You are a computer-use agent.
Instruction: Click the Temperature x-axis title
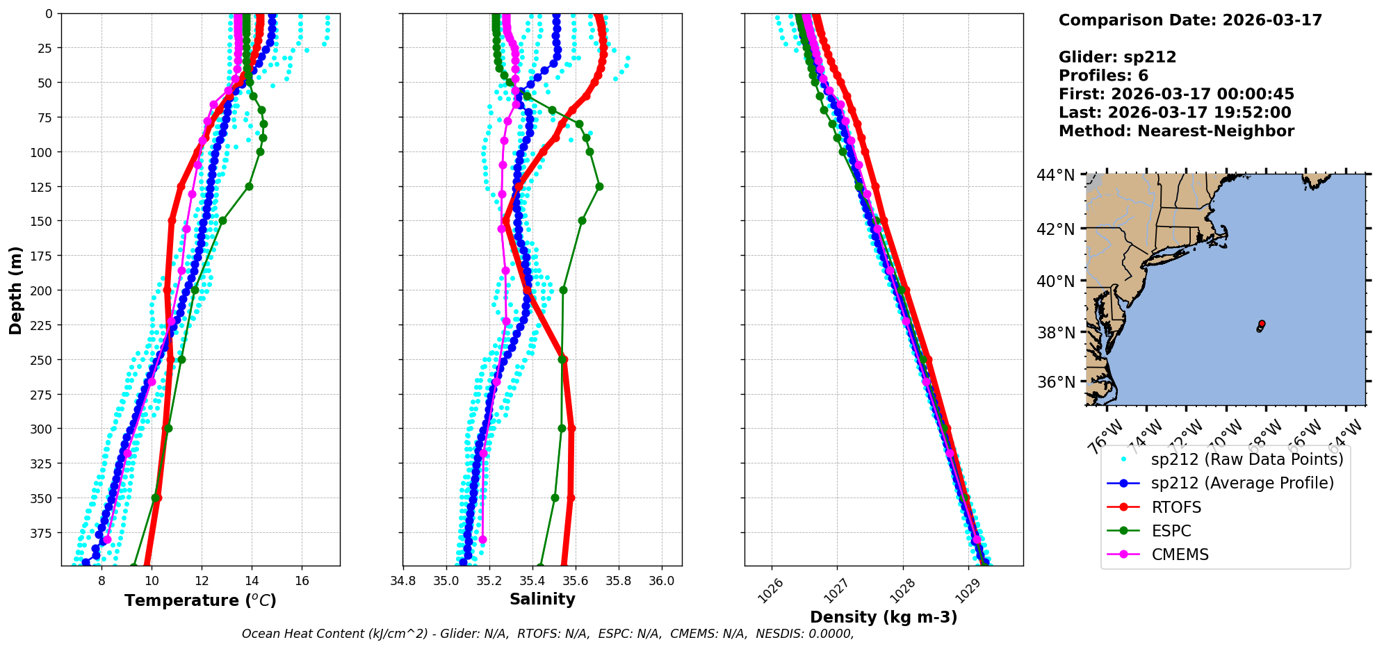(x=200, y=600)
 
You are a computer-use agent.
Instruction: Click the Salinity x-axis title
(x=542, y=599)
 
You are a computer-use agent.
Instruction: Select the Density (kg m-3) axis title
(x=884, y=617)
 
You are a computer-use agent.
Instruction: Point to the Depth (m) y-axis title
(x=15, y=290)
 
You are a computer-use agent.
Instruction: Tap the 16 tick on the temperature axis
(x=302, y=581)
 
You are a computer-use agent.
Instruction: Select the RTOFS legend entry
(x=1176, y=507)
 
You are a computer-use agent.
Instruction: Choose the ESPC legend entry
(x=1171, y=531)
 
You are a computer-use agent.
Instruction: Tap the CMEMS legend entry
(x=1180, y=554)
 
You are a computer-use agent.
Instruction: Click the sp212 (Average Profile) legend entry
(x=1242, y=483)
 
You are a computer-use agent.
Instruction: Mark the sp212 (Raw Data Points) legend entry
(x=1247, y=459)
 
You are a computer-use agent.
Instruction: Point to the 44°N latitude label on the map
(x=1056, y=175)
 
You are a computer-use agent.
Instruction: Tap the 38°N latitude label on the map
(x=1056, y=332)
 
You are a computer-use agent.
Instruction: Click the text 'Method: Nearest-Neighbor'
(x=1176, y=131)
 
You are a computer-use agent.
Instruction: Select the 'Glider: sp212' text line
(x=1117, y=57)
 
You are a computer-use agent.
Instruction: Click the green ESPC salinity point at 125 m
(x=599, y=186)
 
